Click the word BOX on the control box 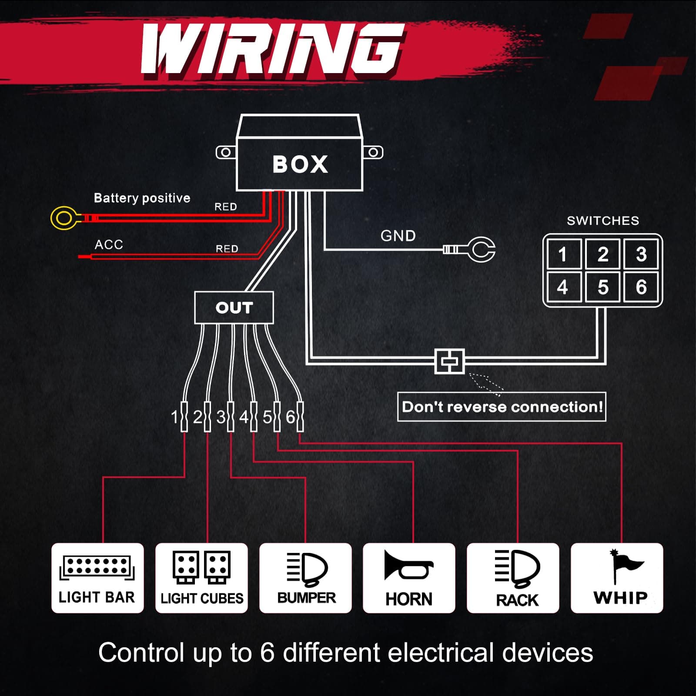300,164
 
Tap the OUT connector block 234,308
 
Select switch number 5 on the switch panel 602,287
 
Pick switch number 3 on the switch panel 641,254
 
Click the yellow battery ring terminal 64,218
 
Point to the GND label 398,236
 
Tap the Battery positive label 142,198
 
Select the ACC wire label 109,244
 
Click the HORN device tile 409,578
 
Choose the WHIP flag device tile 617,578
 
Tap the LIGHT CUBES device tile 201,578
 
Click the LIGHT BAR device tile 97,578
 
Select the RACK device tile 513,578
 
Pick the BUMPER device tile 305,578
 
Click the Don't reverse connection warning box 502,407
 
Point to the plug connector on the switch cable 450,361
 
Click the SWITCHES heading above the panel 602,221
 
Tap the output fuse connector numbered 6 300,417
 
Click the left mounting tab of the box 226,153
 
